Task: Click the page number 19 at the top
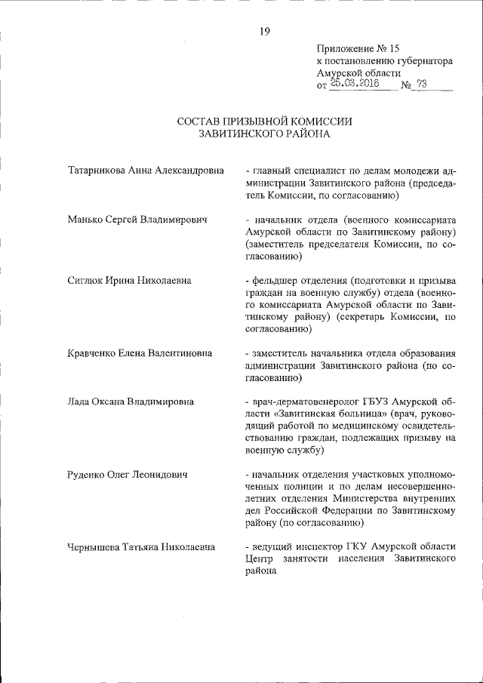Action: click(x=265, y=31)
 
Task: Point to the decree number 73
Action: click(x=421, y=85)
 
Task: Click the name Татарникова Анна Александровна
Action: click(x=146, y=171)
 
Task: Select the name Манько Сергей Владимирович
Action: click(x=137, y=220)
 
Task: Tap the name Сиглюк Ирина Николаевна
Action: click(x=129, y=281)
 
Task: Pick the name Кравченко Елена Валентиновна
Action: click(x=140, y=353)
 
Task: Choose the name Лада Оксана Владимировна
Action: click(x=130, y=401)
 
